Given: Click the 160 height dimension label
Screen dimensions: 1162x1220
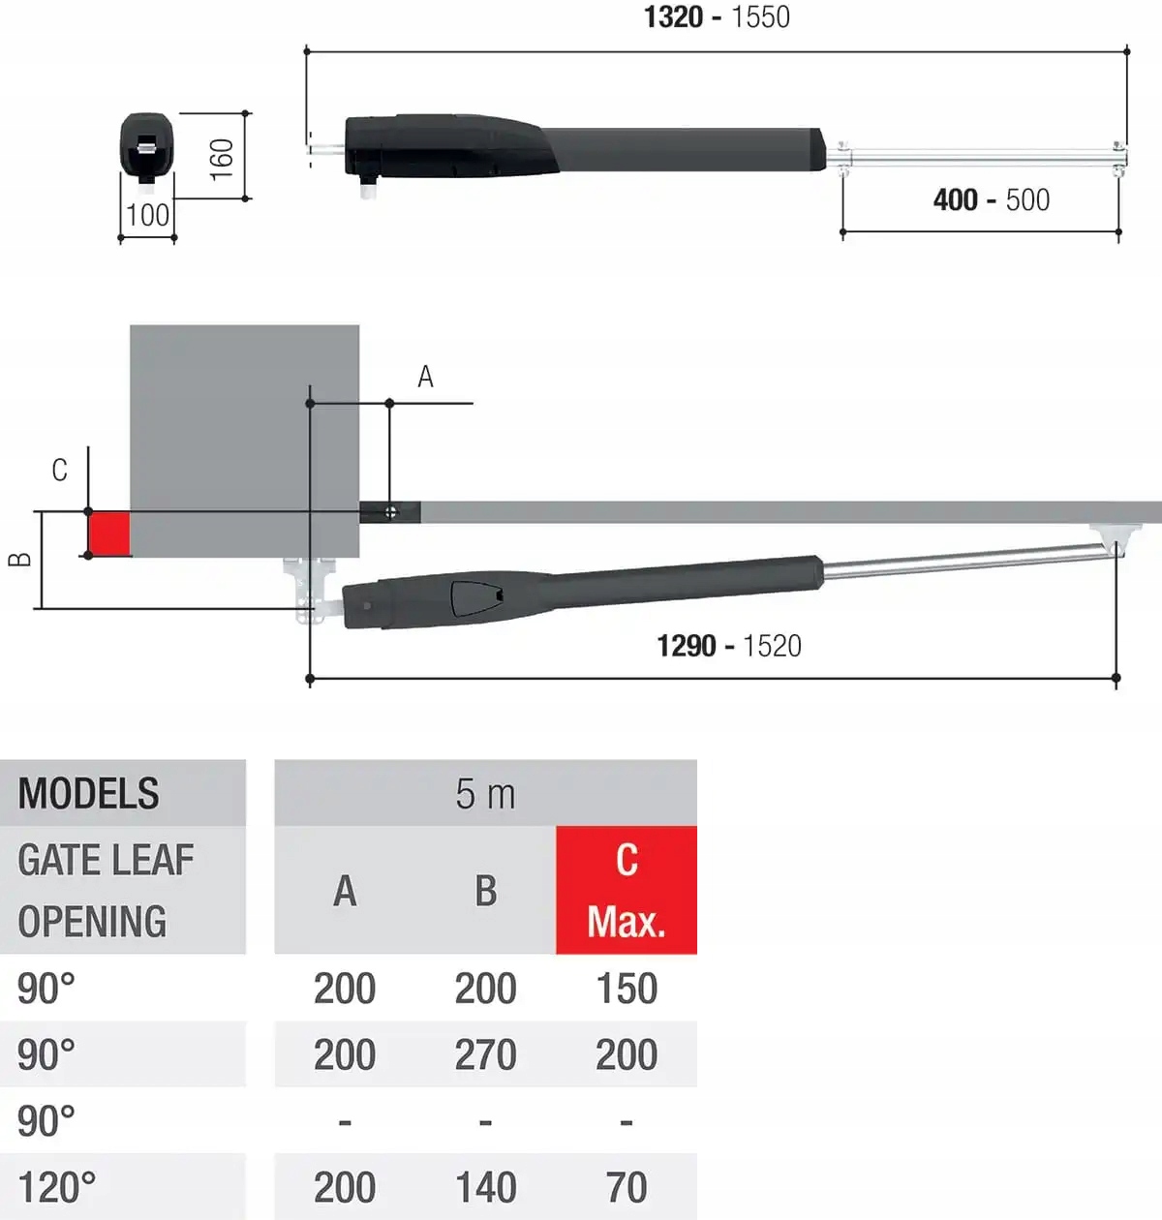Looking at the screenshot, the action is coord(222,160).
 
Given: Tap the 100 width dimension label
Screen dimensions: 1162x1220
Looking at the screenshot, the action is coord(147,215).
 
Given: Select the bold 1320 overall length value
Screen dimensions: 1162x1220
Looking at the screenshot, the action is coord(674,16).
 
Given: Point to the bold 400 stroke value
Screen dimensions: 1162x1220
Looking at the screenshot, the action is coord(956,199).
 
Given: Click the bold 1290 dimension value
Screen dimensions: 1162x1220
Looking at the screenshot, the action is coord(686,646).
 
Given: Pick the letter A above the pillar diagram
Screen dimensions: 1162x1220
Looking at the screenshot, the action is coord(425,377).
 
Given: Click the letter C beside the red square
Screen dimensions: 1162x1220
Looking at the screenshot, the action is coord(60,470).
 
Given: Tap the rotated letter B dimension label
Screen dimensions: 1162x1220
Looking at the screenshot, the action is coord(20,559).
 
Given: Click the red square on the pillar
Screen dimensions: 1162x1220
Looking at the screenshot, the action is coord(109,534).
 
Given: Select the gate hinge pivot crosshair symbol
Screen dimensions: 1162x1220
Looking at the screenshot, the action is coord(390,512).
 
